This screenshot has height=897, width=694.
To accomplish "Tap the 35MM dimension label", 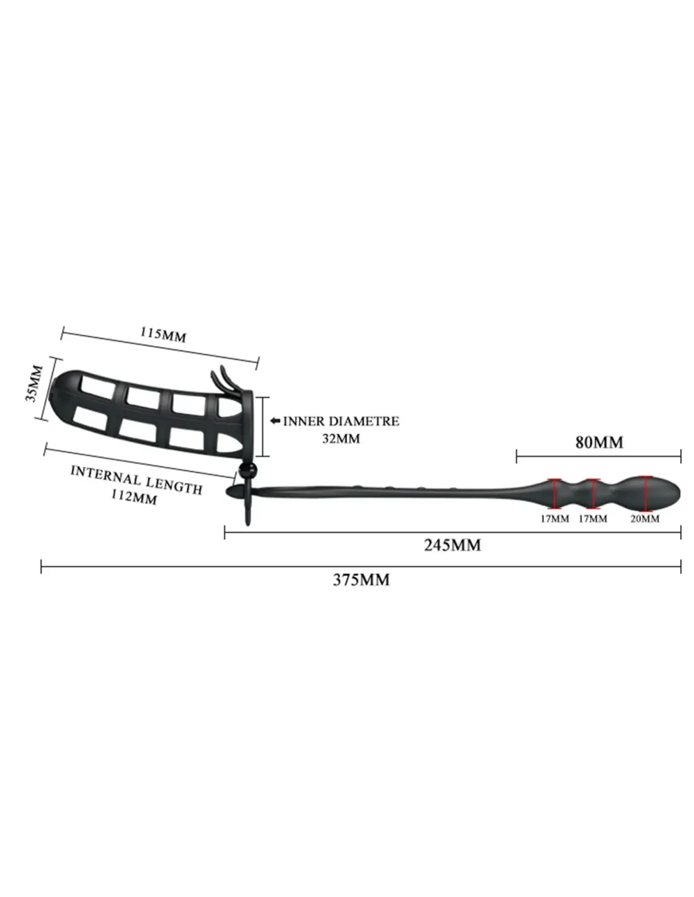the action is click(34, 383).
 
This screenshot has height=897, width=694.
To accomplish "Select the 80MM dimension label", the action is click(599, 442).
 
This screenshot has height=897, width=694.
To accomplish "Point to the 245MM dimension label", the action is click(452, 545).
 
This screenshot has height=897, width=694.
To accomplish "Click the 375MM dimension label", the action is click(361, 580).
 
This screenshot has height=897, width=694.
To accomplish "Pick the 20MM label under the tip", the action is click(644, 519).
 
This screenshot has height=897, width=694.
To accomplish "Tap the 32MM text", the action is click(341, 438).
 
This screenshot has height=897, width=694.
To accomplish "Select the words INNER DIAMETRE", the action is click(341, 421).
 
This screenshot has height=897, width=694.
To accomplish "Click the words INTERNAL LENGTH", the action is click(137, 479).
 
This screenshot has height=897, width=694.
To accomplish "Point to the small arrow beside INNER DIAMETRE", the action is click(275, 421).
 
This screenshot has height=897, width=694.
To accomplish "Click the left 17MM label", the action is click(555, 519).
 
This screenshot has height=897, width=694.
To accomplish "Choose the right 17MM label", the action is click(592, 519).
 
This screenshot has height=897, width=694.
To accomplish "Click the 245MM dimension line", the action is click(452, 532).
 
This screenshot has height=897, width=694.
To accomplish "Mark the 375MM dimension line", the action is click(361, 566).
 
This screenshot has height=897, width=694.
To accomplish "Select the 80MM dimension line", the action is click(599, 456).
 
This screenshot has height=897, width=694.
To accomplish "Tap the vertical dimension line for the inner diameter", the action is click(262, 426).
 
